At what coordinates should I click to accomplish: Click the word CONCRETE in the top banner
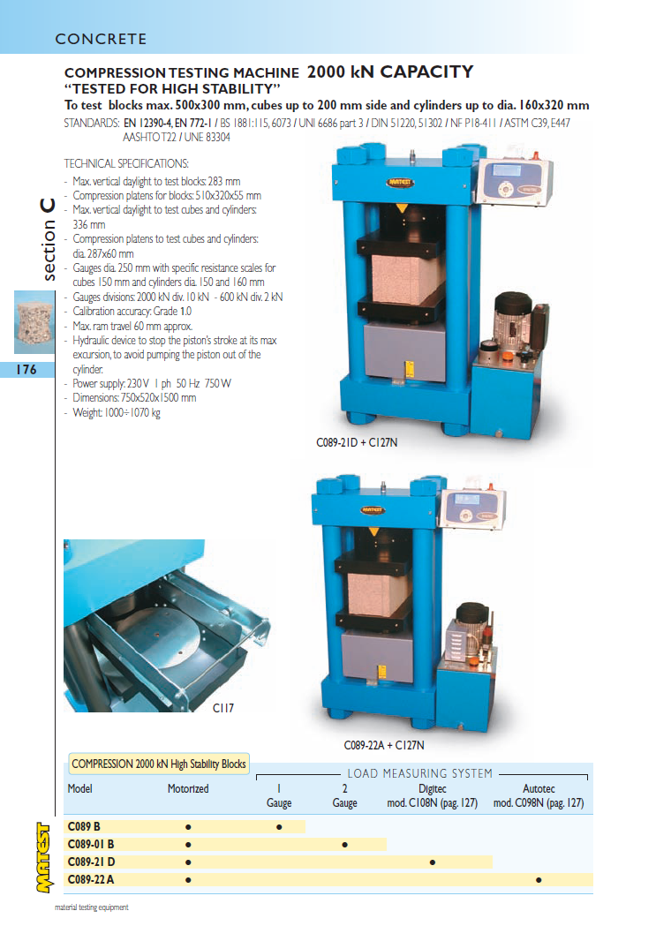tap(101, 39)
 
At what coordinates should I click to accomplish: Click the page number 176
tap(26, 370)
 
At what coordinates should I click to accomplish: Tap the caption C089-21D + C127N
tap(357, 442)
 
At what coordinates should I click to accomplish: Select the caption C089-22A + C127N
tap(384, 745)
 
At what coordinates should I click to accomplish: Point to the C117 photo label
tap(223, 707)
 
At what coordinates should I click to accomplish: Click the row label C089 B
tap(84, 826)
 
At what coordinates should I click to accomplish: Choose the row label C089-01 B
tap(91, 844)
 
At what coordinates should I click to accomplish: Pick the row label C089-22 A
tap(91, 879)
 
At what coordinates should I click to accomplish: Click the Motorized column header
tap(188, 788)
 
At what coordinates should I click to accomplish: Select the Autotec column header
tap(539, 788)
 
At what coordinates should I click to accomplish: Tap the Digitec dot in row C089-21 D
tap(433, 862)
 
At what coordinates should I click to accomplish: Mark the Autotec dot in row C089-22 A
tap(539, 880)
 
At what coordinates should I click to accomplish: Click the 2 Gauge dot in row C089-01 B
tap(345, 845)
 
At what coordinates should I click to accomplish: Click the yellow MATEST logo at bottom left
tap(43, 857)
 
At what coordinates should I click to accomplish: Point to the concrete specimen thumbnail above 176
tap(34, 322)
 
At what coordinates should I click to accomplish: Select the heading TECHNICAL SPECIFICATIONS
tap(126, 163)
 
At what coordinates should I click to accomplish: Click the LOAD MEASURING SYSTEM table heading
tap(419, 773)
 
